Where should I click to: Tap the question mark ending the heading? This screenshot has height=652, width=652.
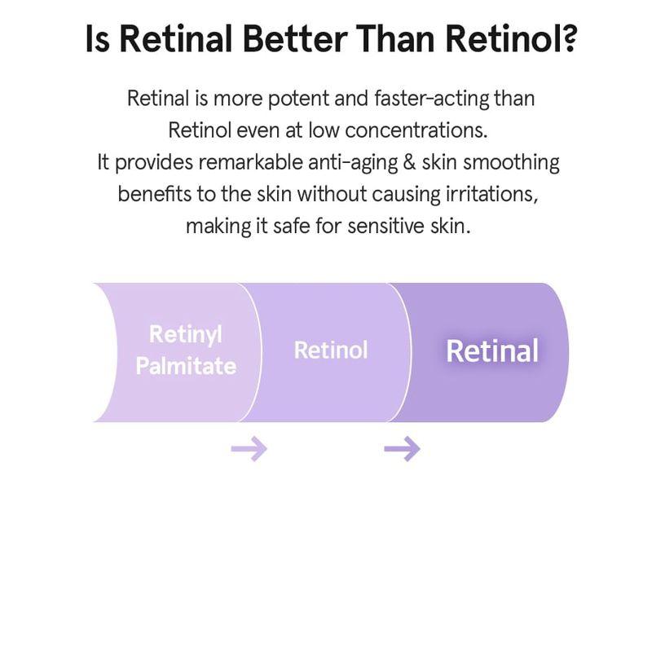565,40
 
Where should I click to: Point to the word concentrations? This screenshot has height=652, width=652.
416,130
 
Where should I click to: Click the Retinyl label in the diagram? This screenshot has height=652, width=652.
186,334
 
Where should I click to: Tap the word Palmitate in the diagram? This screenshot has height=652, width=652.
186,366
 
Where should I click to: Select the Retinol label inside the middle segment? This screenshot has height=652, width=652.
331,350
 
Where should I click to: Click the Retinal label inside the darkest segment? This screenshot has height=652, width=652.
491,350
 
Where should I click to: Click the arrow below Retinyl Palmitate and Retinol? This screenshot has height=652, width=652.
249,448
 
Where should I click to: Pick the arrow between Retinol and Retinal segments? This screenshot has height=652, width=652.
402,448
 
